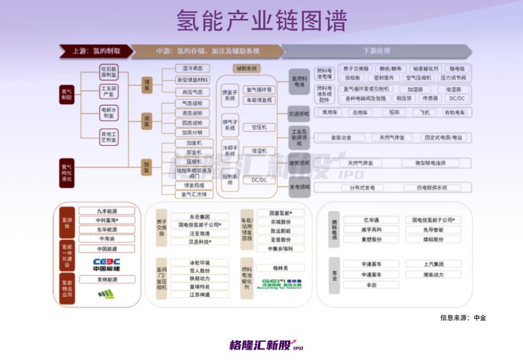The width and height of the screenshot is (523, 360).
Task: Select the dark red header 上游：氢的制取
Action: tap(95, 51)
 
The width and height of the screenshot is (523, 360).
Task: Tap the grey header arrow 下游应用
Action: tap(376, 51)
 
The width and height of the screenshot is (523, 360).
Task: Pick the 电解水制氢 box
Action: tap(109, 113)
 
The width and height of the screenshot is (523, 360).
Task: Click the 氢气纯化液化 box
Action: tap(66, 172)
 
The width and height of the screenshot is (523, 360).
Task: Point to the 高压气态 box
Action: tap(192, 92)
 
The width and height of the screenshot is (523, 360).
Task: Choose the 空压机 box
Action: tap(259, 127)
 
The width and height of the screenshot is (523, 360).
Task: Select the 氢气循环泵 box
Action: tap(259, 90)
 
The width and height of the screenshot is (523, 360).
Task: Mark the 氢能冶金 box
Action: tap(341, 138)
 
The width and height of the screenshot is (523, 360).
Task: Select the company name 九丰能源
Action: tap(107, 211)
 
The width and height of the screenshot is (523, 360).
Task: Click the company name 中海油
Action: tap(107, 239)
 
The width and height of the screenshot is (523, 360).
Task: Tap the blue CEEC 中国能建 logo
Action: tap(107, 265)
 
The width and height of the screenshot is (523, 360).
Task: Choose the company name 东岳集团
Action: tap(200, 217)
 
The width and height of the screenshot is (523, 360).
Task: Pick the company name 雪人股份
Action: tap(200, 271)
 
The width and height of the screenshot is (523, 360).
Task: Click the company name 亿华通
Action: tap(371, 220)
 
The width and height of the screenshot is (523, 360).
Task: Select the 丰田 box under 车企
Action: tap(371, 285)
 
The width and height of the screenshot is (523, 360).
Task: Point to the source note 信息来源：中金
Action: tap(462, 318)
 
